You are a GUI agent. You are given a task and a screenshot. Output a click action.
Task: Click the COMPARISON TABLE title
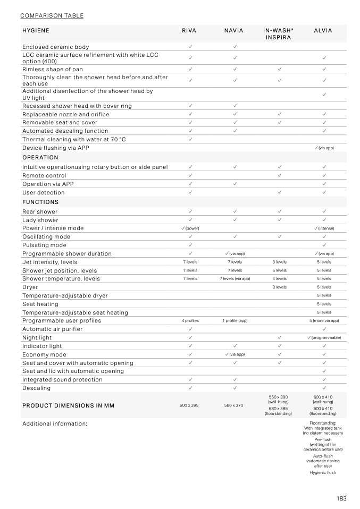pyautogui.click(x=52, y=15)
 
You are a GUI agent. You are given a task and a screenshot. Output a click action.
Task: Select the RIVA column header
pyautogui.click(x=189, y=31)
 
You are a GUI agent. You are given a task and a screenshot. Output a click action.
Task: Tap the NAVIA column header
pyautogui.click(x=234, y=31)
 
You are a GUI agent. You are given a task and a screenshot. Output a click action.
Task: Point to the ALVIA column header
pyautogui.click(x=323, y=31)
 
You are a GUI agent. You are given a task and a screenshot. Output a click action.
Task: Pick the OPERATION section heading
pyautogui.click(x=40, y=158)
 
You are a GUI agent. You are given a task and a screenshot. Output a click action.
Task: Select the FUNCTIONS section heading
pyautogui.click(x=40, y=202)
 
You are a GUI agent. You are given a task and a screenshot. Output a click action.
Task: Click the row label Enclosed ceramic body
pyautogui.click(x=56, y=47)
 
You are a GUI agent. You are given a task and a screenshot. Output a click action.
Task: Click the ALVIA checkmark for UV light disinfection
pyautogui.click(x=324, y=95)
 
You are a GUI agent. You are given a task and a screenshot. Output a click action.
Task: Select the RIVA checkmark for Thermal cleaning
pyautogui.click(x=190, y=139)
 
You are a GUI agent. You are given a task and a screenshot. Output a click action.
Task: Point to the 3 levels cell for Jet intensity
pyautogui.click(x=279, y=262)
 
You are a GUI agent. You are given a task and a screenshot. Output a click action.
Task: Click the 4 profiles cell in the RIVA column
pyautogui.click(x=190, y=321)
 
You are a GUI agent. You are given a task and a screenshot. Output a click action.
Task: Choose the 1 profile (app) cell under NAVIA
pyautogui.click(x=235, y=321)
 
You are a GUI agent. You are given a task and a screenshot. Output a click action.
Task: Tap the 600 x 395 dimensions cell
pyautogui.click(x=189, y=405)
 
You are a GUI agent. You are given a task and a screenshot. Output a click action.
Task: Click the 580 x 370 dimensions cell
pyautogui.click(x=234, y=405)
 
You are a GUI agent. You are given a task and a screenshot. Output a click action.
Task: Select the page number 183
pyautogui.click(x=341, y=498)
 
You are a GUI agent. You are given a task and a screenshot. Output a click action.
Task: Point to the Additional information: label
pyautogui.click(x=54, y=424)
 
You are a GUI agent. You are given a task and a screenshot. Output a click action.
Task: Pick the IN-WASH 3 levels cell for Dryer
pyautogui.click(x=279, y=287)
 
